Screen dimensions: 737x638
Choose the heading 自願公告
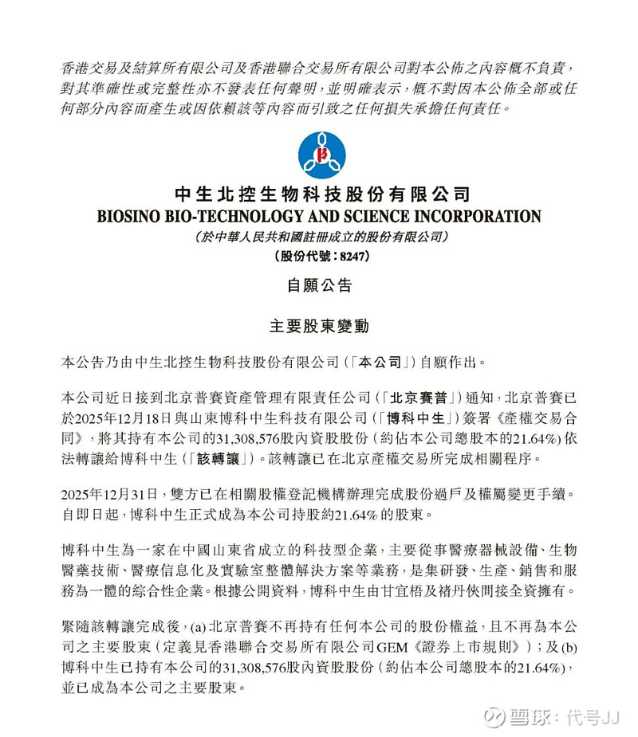(x=319, y=284)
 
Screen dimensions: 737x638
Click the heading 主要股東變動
(x=319, y=326)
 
